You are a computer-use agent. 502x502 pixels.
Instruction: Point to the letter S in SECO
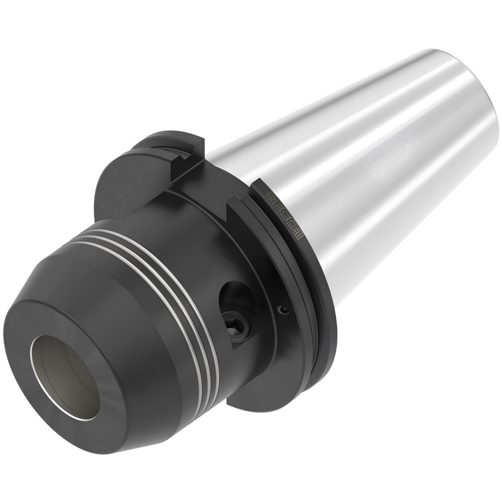pyautogui.click(x=270, y=197)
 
